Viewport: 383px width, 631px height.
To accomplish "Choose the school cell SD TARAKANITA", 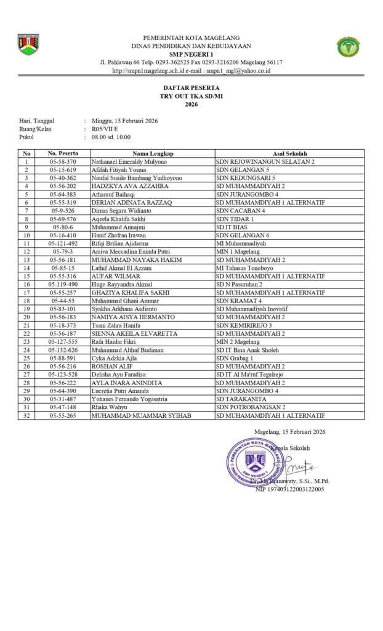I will pos(240,399).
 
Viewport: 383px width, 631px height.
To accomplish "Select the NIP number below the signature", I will pos(290,489).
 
